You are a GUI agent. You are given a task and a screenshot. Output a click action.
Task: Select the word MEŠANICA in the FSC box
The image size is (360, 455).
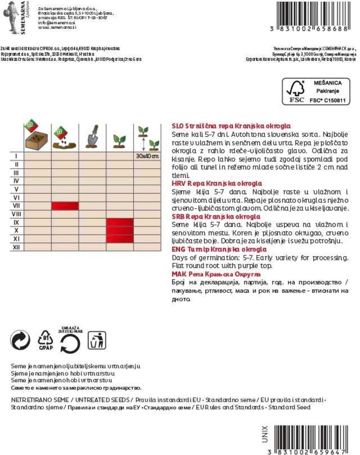pos(327,83)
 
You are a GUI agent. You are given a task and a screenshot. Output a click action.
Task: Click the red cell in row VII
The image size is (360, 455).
pos(65,206)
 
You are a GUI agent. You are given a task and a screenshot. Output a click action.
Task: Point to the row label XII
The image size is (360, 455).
pos(16,247)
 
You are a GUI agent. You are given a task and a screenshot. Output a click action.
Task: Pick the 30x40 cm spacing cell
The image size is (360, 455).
pos(147,156)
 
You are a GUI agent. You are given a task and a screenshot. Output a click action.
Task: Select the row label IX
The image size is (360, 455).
pos(16,222)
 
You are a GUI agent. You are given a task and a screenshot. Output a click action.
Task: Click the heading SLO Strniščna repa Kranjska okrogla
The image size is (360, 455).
pos(231,126)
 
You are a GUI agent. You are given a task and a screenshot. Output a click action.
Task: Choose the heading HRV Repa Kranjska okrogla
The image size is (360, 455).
pos(217,183)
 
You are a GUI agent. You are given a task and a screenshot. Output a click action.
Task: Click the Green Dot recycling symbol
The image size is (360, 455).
pos(20,340)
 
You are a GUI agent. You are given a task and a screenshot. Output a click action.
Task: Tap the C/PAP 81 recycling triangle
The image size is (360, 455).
pos(46,340)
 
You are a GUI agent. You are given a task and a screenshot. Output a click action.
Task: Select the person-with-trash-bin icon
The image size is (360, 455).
pos(96,340)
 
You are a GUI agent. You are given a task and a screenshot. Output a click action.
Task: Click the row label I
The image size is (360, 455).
pos(16,156)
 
